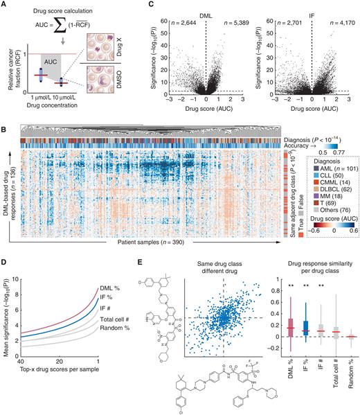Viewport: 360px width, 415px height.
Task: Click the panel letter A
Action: point(6,6)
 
